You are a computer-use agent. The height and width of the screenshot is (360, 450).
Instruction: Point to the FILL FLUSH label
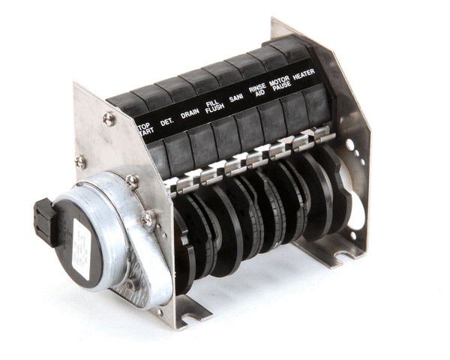pyautogui.click(x=213, y=109)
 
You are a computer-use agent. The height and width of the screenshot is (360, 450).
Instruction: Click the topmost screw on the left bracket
pyautogui.click(x=109, y=118)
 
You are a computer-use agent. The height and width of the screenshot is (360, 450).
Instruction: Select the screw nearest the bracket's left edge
pyautogui.click(x=80, y=160)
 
